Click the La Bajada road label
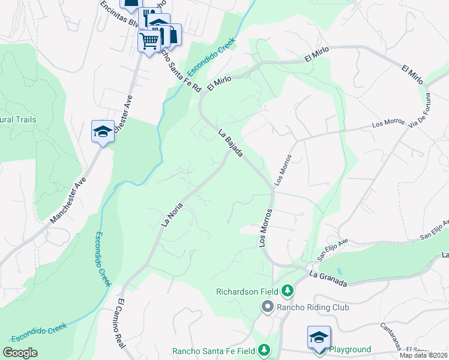(231, 144)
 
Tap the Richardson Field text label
(247, 292)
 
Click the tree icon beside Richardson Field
(288, 291)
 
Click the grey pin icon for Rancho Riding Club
(267, 307)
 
